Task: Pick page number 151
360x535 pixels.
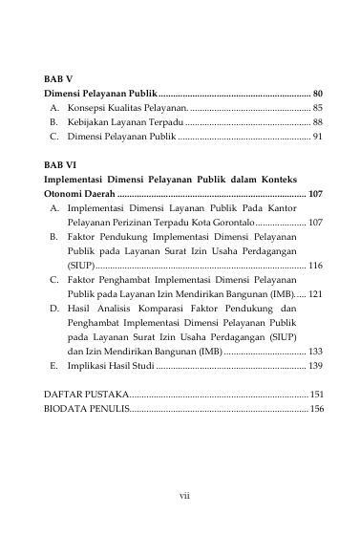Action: pos(316,395)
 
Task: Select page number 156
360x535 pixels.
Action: pos(316,409)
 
